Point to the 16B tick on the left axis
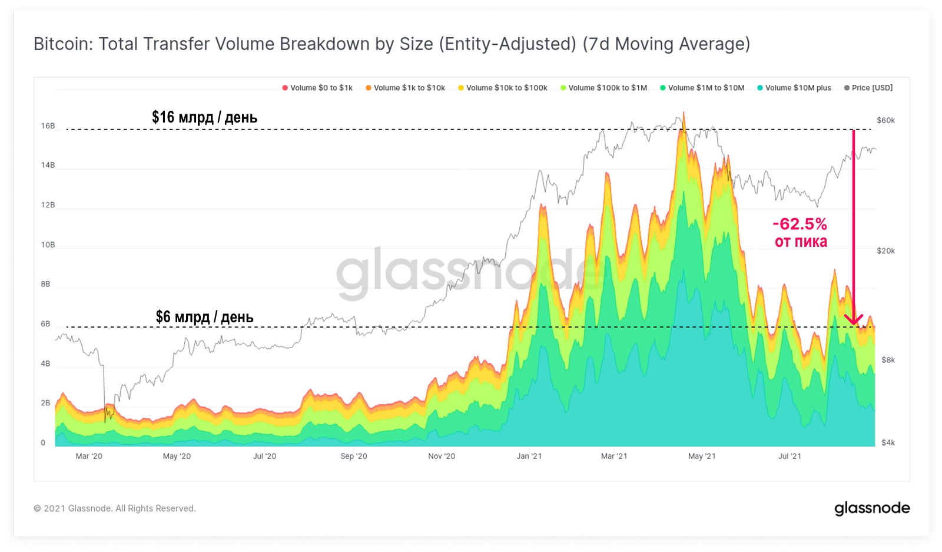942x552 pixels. pos(48,126)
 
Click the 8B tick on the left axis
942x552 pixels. pos(45,284)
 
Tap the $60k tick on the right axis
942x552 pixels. pos(885,120)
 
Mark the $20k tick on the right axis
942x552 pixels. pos(885,251)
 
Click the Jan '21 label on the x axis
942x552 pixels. pos(529,456)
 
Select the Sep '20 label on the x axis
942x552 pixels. pos(353,456)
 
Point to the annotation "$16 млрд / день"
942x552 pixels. pos(204,117)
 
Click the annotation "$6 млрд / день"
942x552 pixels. pos(204,317)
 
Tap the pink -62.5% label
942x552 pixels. pos(800,224)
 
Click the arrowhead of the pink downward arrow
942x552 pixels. pos(854,320)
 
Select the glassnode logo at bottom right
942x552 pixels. pos(872,508)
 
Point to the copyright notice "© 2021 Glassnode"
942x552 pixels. pos(114,508)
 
